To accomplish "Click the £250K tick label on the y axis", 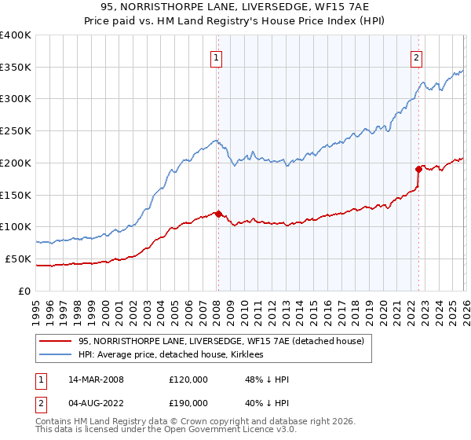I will click(x=16, y=131).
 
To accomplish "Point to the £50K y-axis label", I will click(x=18, y=258).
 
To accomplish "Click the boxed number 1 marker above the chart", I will click(x=215, y=57).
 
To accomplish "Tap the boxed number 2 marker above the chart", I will click(x=415, y=57).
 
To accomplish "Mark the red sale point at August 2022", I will click(x=418, y=169).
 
